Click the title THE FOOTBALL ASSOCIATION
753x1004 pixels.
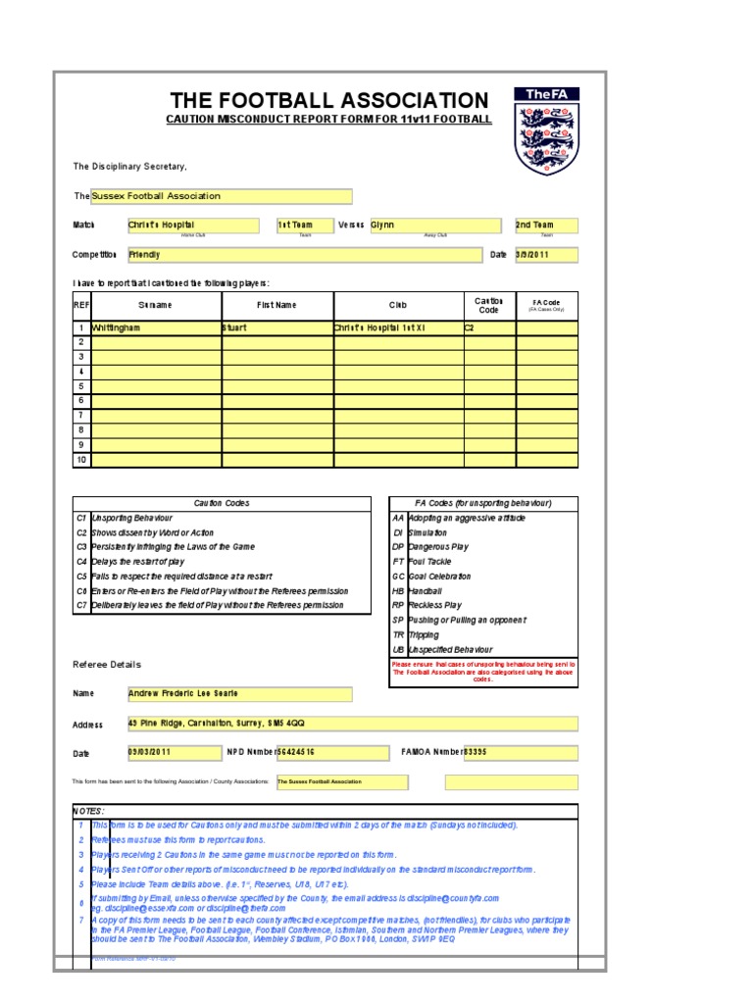click(x=328, y=100)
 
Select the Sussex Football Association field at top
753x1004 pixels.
click(x=221, y=196)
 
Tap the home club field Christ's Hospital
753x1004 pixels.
click(x=193, y=226)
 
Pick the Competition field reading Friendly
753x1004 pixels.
click(x=305, y=255)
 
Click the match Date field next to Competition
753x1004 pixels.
click(x=546, y=255)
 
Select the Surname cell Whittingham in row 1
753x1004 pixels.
click(x=156, y=328)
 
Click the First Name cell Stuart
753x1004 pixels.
click(x=276, y=328)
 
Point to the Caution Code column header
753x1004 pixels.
click(x=488, y=305)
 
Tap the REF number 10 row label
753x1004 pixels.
click(x=81, y=460)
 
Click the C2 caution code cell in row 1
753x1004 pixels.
click(x=489, y=328)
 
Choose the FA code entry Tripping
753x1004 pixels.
click(x=424, y=635)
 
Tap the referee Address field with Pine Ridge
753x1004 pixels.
click(x=351, y=724)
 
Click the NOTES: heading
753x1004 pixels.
click(x=88, y=812)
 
